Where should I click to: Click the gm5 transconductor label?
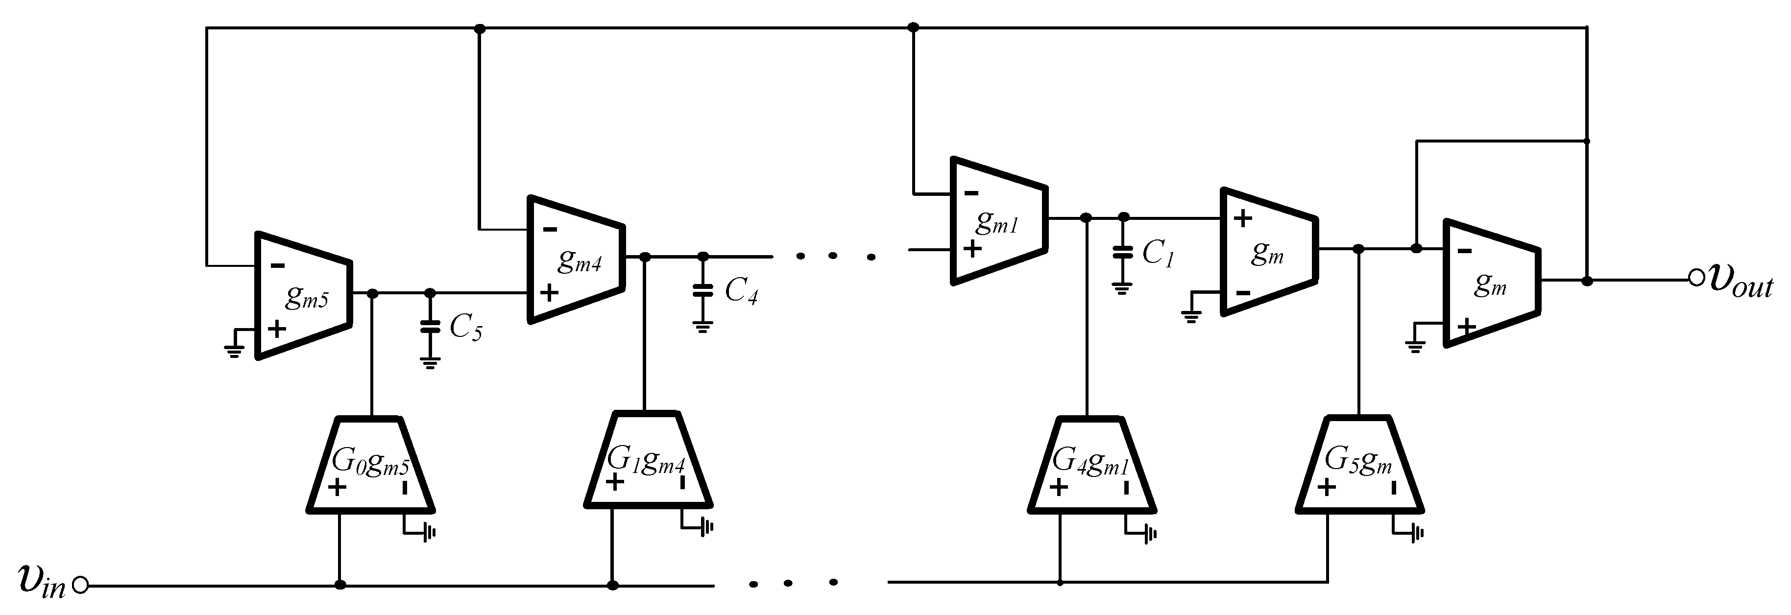tap(307, 297)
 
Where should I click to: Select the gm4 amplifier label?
tap(579, 260)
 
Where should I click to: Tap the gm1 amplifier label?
tap(997, 222)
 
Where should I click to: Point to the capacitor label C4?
tap(741, 291)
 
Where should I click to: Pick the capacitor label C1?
tap(1158, 254)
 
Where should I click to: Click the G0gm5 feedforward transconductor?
tap(370, 466)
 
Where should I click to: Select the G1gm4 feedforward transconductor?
tap(647, 460)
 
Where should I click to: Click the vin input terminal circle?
tap(81, 586)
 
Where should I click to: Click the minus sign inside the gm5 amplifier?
tap(277, 265)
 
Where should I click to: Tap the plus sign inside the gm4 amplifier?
tap(549, 292)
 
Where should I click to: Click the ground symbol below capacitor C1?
tap(1121, 288)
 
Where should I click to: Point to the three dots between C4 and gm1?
tap(835, 257)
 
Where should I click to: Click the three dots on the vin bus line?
tap(793, 583)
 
